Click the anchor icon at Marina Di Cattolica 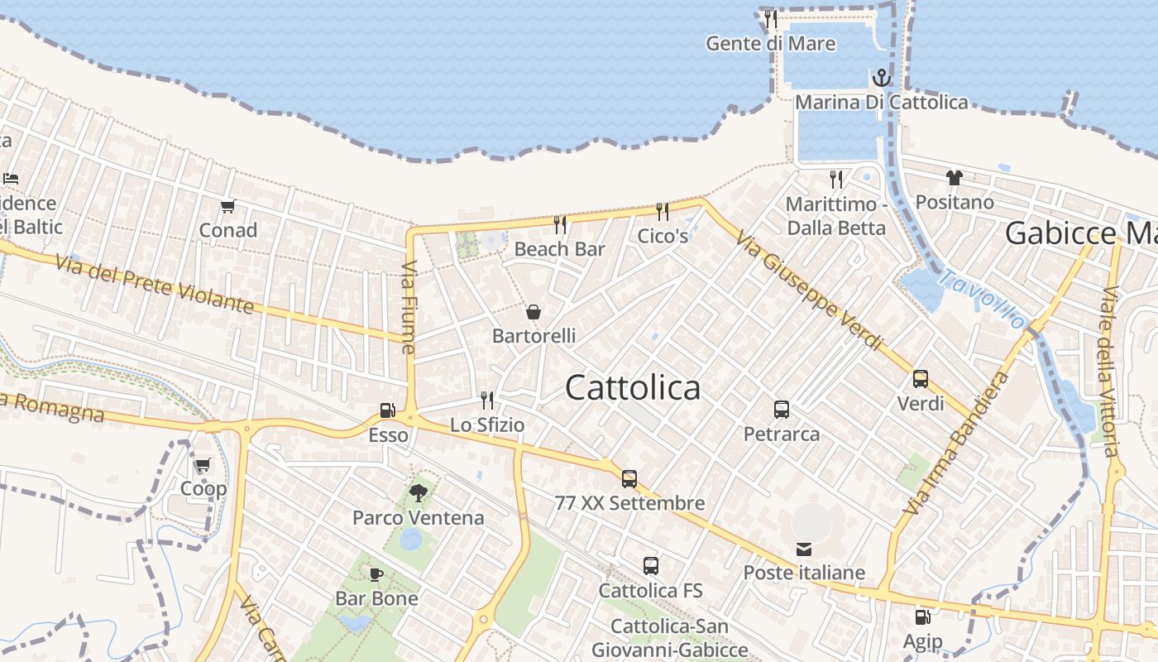point(882,79)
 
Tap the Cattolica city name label point(633,387)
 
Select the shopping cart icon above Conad point(227,206)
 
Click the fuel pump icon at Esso point(387,410)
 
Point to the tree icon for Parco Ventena point(419,493)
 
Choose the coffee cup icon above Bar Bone point(376,573)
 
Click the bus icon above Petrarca point(782,409)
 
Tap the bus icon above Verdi point(921,379)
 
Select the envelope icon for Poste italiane point(803,549)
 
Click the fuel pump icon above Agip point(922,616)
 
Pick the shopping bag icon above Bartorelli point(534,312)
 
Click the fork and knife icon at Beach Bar point(560,224)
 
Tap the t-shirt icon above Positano point(955,177)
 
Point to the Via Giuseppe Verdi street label point(809,291)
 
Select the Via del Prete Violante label point(155,284)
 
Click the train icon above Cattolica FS point(651,566)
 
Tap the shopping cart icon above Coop point(203,464)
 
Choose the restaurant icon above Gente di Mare point(770,18)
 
